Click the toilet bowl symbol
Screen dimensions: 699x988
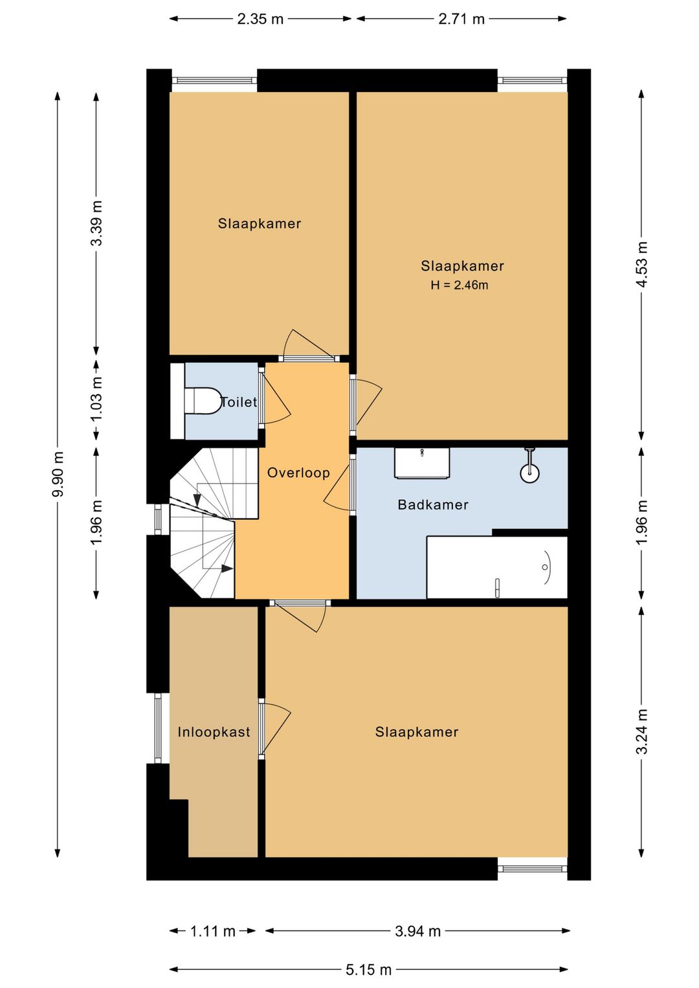(203, 401)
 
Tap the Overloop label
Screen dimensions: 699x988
(298, 473)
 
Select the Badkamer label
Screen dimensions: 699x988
(432, 504)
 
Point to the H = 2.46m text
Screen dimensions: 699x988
(459, 285)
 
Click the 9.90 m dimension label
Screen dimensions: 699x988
(58, 474)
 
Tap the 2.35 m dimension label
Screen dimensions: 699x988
(260, 19)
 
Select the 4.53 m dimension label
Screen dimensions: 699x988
(641, 264)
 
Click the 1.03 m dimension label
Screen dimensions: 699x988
(96, 399)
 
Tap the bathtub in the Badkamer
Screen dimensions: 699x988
(497, 567)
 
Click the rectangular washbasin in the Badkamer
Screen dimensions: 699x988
(422, 463)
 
